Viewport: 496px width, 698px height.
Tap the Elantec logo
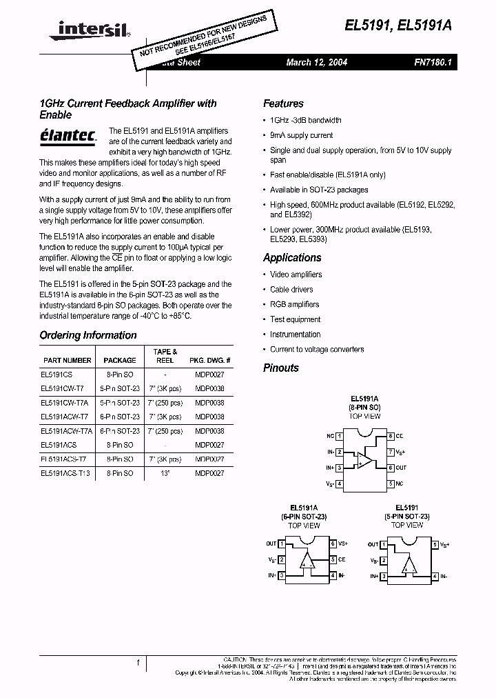tap(67, 136)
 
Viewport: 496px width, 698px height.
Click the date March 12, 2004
tap(316, 62)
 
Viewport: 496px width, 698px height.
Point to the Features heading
tap(283, 103)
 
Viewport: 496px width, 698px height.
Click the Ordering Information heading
tap(87, 335)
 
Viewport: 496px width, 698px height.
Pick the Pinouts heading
tap(281, 368)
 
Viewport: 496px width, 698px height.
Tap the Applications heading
tap(292, 257)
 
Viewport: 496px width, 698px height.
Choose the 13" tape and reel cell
tap(165, 473)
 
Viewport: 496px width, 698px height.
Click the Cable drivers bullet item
tap(291, 290)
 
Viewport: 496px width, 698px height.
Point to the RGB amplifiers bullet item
tap(294, 304)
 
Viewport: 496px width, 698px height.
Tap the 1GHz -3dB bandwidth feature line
tap(305, 120)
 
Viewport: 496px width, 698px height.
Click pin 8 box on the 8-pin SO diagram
tap(390, 437)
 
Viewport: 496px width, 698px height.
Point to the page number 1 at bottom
tap(138, 663)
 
